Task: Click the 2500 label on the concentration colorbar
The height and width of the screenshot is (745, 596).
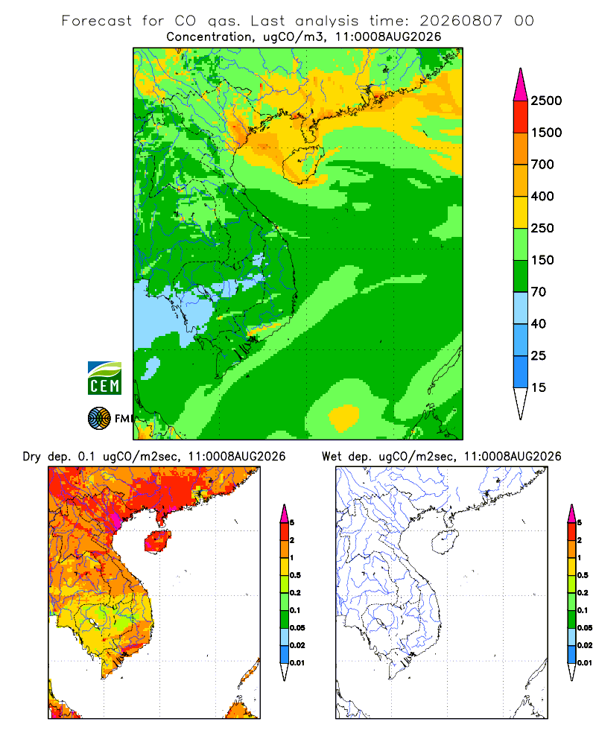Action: click(546, 101)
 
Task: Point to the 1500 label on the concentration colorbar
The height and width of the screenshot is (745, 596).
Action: click(546, 133)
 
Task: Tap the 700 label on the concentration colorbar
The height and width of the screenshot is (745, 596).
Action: click(542, 165)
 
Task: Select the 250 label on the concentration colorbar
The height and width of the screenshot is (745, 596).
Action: click(542, 228)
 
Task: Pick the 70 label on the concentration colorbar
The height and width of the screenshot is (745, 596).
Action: click(539, 292)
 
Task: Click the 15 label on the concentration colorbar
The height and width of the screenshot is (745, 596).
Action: click(539, 387)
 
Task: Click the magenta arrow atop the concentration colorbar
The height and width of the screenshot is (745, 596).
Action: click(521, 85)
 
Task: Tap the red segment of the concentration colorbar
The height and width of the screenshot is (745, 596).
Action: click(521, 117)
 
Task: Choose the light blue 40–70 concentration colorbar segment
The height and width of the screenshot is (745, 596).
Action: click(521, 308)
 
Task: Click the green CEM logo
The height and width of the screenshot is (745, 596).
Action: click(104, 378)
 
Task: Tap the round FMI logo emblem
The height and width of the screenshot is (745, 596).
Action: click(99, 419)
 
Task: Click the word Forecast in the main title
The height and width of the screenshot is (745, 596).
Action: click(97, 21)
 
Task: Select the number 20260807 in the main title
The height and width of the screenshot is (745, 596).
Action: click(460, 21)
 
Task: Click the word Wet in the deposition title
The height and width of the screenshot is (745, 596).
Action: click(332, 457)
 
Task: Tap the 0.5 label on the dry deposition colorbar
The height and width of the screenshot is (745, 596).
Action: click(295, 575)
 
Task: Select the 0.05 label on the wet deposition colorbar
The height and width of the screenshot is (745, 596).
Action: click(585, 628)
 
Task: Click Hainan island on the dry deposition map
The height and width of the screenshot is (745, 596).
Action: click(157, 542)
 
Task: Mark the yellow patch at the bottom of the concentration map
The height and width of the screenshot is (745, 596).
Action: click(343, 418)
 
